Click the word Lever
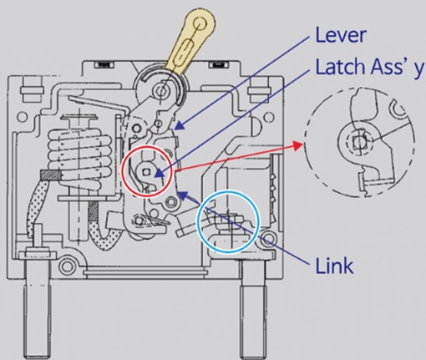(x=341, y=35)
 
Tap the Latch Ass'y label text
(x=370, y=67)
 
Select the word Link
(x=335, y=266)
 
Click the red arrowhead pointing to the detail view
(x=298, y=145)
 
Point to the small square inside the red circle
(x=145, y=173)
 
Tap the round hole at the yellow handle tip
(x=200, y=23)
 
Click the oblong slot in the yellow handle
(x=183, y=51)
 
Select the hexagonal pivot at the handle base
(x=160, y=90)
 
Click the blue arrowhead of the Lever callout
(x=180, y=125)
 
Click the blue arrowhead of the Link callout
(x=181, y=195)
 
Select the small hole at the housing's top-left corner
(x=23, y=116)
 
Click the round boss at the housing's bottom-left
(x=66, y=266)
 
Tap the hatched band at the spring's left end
(x=50, y=175)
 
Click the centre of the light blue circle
(x=228, y=222)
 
